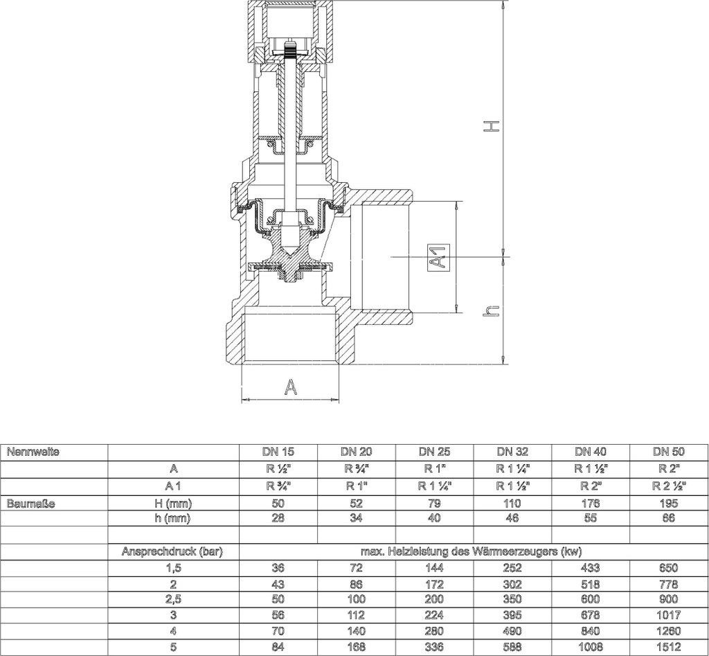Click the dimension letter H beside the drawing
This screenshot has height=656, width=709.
pos(492,126)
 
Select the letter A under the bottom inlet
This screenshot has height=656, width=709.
pos(291,387)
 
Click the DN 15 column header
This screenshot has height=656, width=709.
pos(278,452)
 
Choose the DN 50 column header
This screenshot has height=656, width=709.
pos(669,452)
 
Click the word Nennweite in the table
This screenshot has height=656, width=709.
pos(33,452)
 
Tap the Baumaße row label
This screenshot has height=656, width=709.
pos(30,504)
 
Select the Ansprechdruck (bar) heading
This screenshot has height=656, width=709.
pos(172,551)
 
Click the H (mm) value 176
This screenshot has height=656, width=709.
pos(591,504)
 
